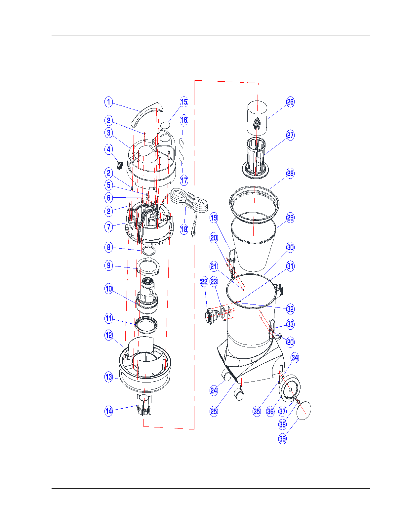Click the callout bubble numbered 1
tap(108, 102)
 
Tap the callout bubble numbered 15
tap(184, 102)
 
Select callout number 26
tap(290, 102)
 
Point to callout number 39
tap(282, 438)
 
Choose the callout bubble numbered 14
tap(108, 411)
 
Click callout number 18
tap(184, 229)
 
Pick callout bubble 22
tap(204, 282)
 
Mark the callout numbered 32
tap(290, 309)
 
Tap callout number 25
tap(214, 411)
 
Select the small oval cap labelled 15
tap(165, 125)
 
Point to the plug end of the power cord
tap(193, 234)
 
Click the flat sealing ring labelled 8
tap(148, 250)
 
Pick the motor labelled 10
tap(147, 296)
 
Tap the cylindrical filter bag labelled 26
tap(257, 118)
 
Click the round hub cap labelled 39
tap(304, 410)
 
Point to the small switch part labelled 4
tap(120, 165)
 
